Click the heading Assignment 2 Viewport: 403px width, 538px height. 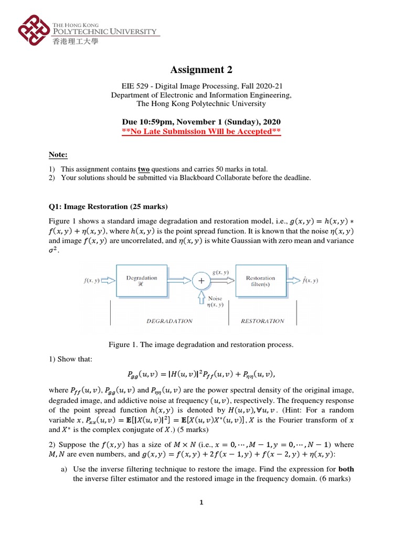coord(201,70)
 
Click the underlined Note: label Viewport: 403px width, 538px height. coord(58,154)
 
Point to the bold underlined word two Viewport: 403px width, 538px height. coord(143,169)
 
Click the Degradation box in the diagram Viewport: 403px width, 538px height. coord(142,281)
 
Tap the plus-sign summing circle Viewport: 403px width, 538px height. coord(201,282)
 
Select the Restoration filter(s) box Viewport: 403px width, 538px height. coord(260,281)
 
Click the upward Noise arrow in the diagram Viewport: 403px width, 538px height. coord(201,300)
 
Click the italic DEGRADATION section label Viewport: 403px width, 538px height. coord(169,321)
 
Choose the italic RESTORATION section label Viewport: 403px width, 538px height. coord(262,321)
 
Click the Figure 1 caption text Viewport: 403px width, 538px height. coord(201,345)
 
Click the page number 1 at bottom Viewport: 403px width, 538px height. coord(201,502)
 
